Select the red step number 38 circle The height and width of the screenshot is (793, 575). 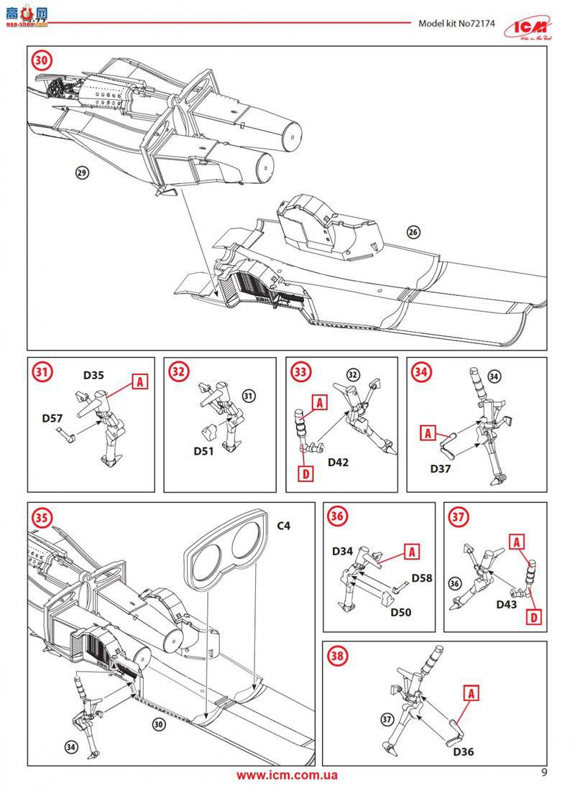[x=337, y=654]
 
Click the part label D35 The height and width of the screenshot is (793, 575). [x=93, y=374]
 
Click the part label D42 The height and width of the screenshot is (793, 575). [x=338, y=462]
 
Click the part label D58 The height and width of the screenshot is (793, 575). [x=421, y=578]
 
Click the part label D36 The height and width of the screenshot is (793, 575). [x=464, y=752]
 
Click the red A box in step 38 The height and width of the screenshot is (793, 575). [x=471, y=693]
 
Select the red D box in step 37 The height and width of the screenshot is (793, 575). [x=533, y=616]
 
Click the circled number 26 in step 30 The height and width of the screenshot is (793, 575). [x=412, y=232]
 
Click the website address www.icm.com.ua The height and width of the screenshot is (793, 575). [x=287, y=775]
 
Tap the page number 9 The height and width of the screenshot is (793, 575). [x=543, y=773]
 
